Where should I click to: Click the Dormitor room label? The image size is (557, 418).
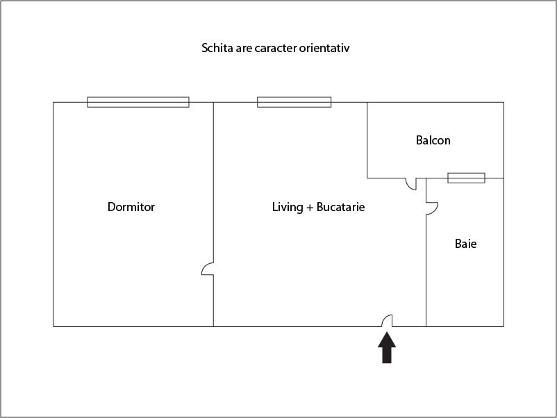131,207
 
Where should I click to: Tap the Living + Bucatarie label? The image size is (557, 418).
318,207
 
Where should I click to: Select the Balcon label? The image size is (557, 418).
433,140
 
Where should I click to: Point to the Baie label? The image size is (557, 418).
465,244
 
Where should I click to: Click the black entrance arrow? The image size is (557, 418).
387,347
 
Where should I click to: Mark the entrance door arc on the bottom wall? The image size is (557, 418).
388,320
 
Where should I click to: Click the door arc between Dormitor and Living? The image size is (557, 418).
208,269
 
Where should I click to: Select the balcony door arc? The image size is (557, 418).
411,184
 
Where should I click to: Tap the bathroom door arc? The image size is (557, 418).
431,208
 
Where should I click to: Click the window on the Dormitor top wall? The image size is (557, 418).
138,102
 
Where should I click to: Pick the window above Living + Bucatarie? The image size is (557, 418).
294,102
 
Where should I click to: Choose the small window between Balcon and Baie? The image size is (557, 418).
466,178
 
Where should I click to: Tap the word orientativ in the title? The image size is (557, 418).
334,49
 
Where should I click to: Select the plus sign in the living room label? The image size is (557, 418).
309,208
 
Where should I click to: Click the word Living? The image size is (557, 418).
288,207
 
